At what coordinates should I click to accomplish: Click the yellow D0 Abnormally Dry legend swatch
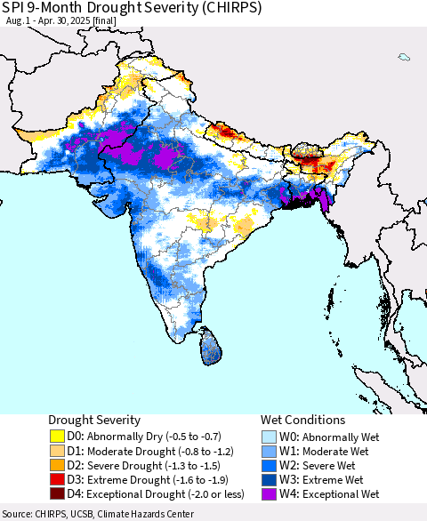point(58,437)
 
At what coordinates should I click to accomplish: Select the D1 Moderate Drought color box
point(58,451)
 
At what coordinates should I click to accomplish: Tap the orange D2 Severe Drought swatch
point(58,465)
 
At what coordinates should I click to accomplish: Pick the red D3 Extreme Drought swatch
point(58,479)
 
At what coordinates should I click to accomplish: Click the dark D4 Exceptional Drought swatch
point(58,493)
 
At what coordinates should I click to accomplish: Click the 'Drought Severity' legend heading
point(95,420)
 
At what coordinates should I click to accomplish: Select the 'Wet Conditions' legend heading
point(302,420)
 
